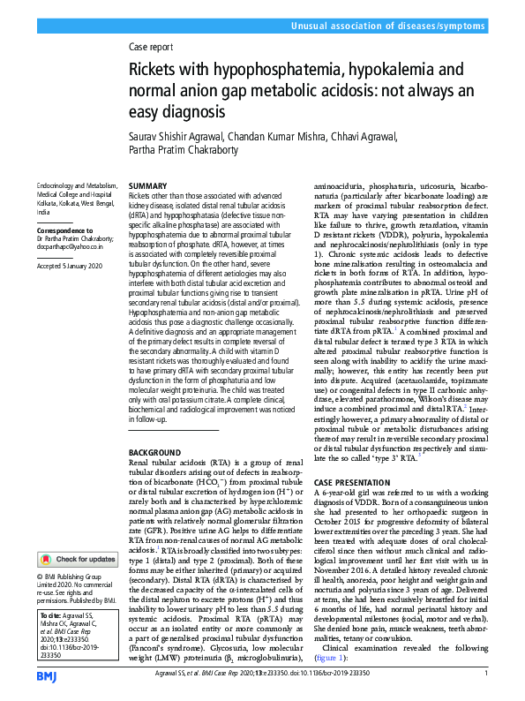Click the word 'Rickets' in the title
click(x=159, y=70)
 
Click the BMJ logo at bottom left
click(x=48, y=675)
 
